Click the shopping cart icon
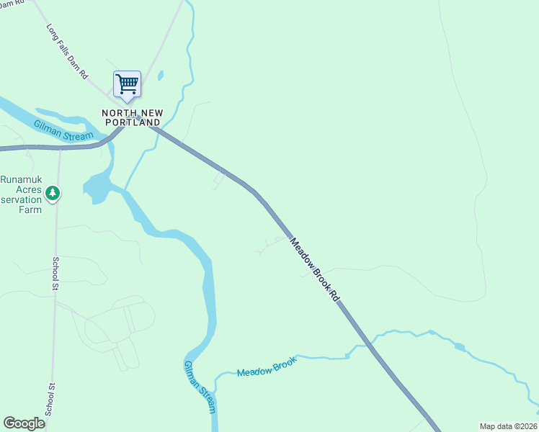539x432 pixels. coord(127,84)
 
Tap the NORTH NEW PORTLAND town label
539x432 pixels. coord(130,117)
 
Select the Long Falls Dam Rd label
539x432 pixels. coord(67,53)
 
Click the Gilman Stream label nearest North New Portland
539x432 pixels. coord(63,130)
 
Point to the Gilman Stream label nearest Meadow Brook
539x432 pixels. coord(200,387)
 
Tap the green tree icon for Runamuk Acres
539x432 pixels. coord(52,193)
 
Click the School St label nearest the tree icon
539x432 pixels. coord(55,274)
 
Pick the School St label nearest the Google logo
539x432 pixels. coord(49,399)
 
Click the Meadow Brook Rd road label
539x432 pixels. coord(314,269)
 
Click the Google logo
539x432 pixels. coord(24,423)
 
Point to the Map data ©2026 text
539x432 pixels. coord(508,426)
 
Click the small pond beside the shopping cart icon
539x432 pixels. coord(160,76)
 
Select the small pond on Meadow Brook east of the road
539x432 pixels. coord(460,347)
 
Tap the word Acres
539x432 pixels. coord(15,189)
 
